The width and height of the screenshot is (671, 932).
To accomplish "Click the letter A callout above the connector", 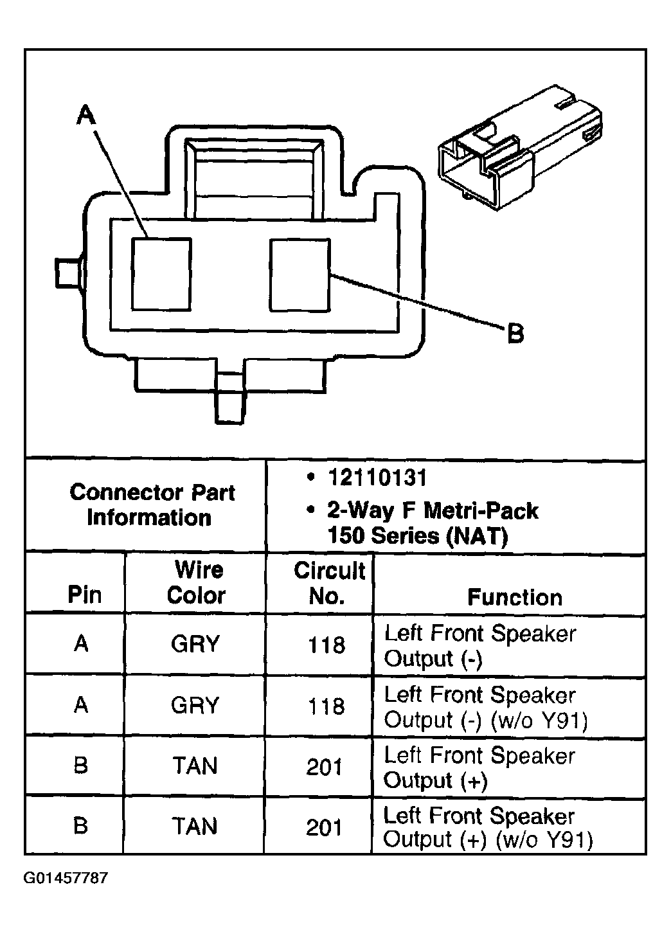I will (86, 115).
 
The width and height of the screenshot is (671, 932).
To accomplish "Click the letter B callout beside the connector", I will (515, 333).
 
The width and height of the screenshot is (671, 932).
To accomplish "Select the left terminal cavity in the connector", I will (161, 274).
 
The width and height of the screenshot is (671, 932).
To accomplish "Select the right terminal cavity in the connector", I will (300, 274).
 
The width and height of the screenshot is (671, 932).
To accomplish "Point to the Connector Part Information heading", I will (151, 505).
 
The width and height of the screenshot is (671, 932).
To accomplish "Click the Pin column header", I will (84, 595).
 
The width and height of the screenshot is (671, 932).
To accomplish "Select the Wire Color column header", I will (196, 582).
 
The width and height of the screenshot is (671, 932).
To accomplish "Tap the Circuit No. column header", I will (328, 583).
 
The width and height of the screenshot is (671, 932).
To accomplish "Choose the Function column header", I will (514, 597).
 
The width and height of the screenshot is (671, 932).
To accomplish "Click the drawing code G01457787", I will (66, 878).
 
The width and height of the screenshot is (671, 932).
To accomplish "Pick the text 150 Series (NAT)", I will (418, 535).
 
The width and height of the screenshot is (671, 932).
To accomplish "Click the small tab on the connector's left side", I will (67, 273).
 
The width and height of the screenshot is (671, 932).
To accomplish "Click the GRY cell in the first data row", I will (195, 643).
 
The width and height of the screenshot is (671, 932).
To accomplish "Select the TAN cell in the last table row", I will (195, 826).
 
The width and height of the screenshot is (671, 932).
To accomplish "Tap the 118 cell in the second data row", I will (327, 706).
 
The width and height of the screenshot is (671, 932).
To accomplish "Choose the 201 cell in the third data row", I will (325, 766).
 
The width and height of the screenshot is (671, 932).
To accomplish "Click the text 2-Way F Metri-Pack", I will (433, 510).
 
